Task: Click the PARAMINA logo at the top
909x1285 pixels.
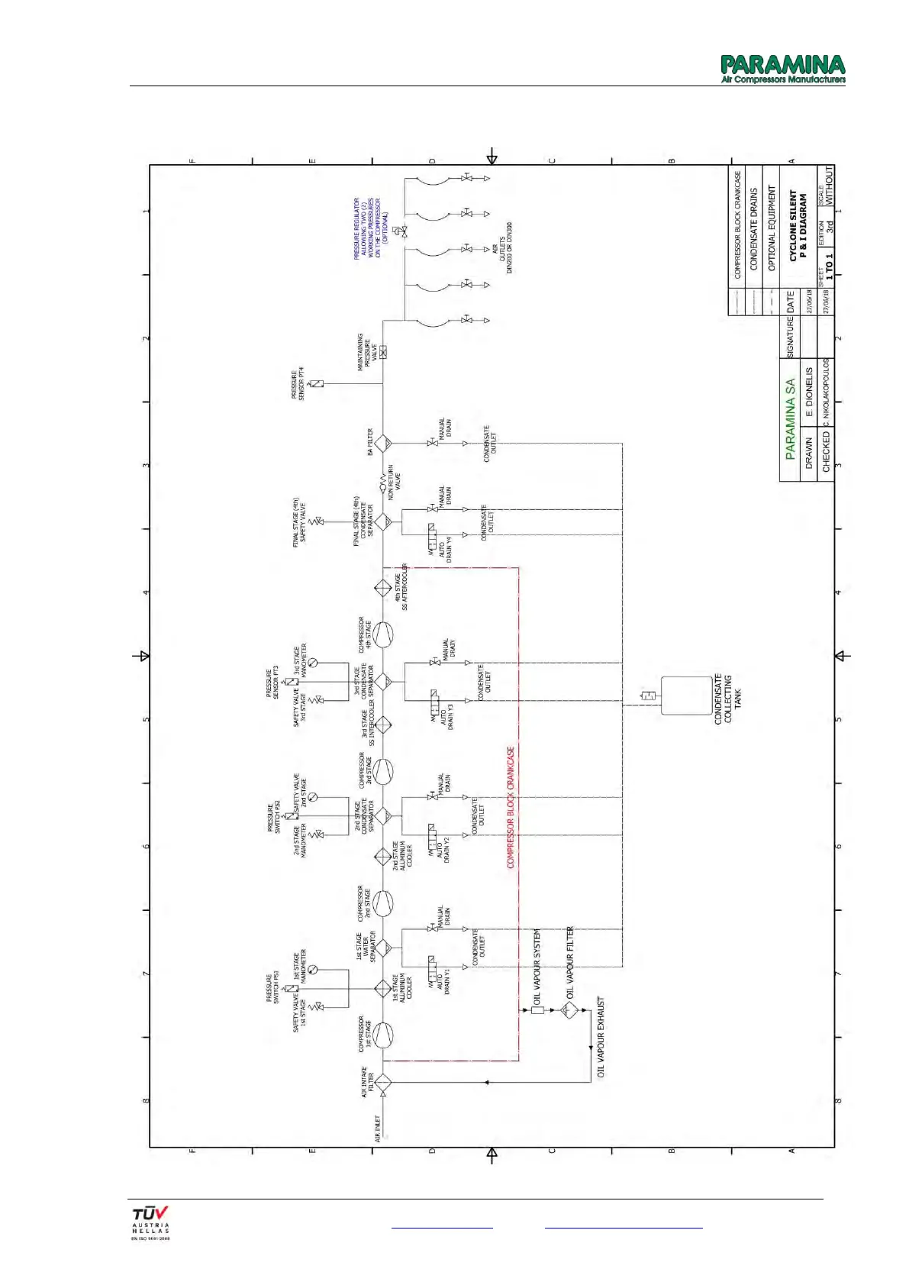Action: [783, 69]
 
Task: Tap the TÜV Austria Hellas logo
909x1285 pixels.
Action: [150, 1223]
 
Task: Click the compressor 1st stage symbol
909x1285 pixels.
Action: [383, 1036]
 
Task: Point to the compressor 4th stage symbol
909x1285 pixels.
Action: [383, 634]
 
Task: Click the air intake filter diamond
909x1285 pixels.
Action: [382, 1082]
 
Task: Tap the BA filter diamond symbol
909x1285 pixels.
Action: [382, 443]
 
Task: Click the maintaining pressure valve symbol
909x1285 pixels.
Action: [382, 352]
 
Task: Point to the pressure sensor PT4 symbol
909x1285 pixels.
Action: [316, 384]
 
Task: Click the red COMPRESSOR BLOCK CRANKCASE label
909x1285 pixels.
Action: [511, 807]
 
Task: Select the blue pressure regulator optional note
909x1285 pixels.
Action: [370, 228]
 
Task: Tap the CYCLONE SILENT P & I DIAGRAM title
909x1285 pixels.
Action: [798, 226]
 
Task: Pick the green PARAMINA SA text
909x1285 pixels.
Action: [790, 418]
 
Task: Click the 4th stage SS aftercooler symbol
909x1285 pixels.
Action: [382, 588]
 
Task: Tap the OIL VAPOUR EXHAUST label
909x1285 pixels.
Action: [601, 1036]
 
